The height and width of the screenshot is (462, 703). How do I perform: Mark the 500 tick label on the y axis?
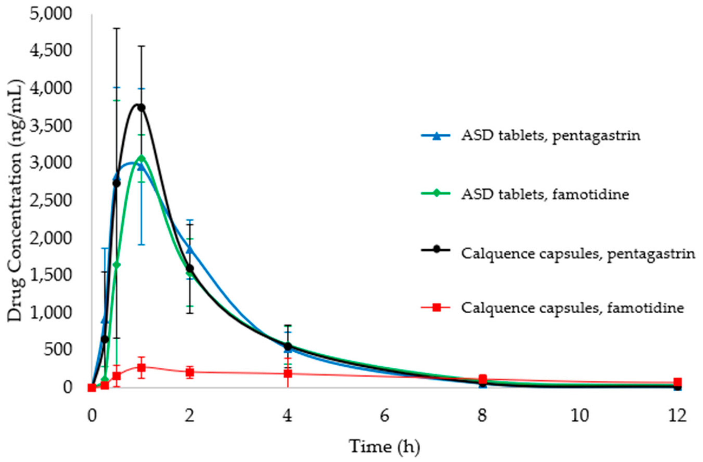pos(58,350)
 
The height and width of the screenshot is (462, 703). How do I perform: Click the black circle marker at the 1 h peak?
pos(141,108)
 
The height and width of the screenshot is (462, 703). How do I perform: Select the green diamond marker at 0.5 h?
pos(117,265)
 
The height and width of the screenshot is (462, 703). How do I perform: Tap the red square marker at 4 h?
pos(288,374)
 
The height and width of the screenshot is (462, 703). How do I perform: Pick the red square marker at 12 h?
pos(678,382)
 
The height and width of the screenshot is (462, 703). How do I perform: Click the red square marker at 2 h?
pos(190,372)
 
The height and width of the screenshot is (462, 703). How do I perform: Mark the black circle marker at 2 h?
pos(190,268)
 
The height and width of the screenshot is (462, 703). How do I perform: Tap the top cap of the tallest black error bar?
pos(117,28)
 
